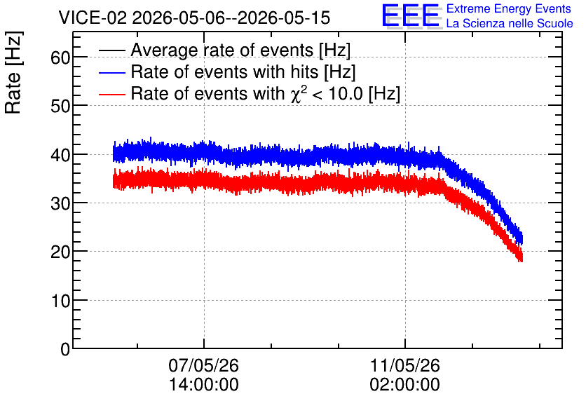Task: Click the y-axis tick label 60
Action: point(60,57)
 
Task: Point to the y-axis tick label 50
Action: point(60,106)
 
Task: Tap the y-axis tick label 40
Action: point(60,155)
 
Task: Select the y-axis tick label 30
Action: point(60,203)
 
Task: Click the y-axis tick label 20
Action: point(60,252)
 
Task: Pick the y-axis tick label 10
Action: point(60,301)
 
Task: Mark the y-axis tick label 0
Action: point(65,349)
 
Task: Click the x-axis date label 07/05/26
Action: point(204,365)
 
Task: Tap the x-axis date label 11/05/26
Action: point(404,365)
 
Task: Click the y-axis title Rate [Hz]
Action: point(13,72)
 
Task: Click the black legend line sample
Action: point(111,50)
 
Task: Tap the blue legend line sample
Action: point(111,72)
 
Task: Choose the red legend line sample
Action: point(111,94)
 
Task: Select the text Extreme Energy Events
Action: point(509,8)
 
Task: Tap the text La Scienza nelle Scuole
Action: point(510,24)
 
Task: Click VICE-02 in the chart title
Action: point(93,18)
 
